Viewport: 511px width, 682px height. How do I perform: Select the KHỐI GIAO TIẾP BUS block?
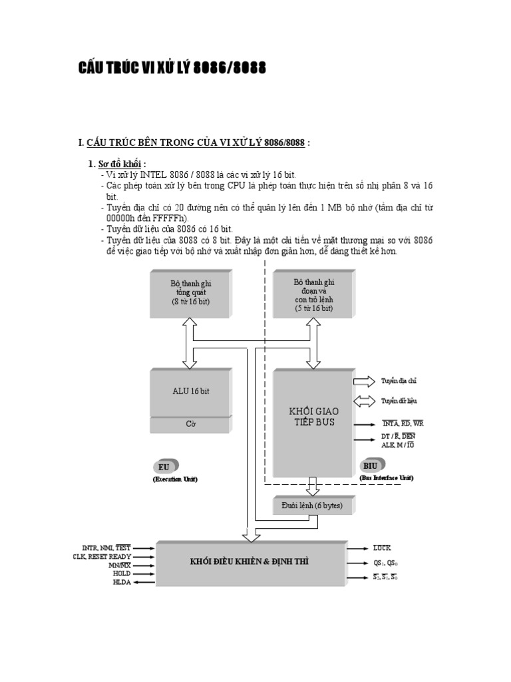coord(313,417)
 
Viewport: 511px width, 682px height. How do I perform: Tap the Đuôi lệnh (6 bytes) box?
coord(311,506)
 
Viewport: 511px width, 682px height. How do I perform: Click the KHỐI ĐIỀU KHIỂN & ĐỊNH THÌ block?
coord(250,561)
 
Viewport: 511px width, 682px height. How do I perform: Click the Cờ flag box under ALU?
coord(190,424)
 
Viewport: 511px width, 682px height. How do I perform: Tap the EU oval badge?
coord(165,468)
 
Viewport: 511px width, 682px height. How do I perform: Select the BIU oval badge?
coord(371,466)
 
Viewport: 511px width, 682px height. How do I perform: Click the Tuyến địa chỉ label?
coord(399,381)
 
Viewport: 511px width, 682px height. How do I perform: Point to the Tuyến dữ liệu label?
coord(399,401)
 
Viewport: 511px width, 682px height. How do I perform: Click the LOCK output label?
coord(382,547)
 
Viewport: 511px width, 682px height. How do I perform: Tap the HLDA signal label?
coord(122,582)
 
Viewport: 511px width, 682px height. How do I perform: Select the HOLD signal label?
coord(122,573)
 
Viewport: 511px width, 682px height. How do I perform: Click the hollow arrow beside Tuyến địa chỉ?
coord(364,381)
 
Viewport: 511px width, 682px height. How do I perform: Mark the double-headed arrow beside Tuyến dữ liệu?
coord(364,401)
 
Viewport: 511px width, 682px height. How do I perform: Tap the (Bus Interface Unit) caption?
coord(387,478)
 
